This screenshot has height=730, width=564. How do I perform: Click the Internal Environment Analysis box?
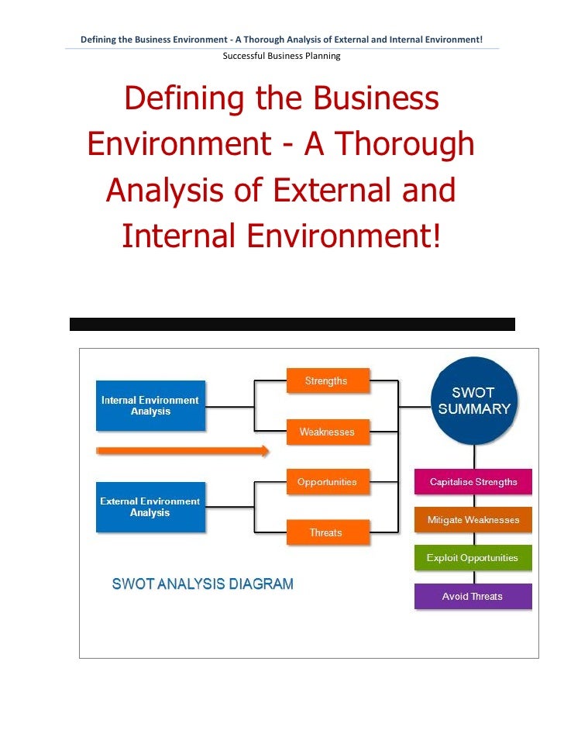coord(150,405)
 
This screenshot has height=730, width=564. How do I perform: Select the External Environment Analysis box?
coord(150,507)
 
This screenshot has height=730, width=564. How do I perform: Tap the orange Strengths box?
coord(327,381)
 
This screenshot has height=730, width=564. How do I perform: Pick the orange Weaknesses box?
coord(327,432)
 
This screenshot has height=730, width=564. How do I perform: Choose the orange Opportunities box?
coord(327,482)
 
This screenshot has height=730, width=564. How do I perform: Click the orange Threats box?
coord(326,532)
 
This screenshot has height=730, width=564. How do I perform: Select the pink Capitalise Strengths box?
coord(473,482)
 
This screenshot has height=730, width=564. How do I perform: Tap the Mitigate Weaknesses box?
coord(473,520)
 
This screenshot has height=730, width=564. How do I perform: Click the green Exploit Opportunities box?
coord(473,558)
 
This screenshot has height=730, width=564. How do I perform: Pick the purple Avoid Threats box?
coord(473,596)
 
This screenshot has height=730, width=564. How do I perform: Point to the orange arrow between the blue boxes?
coord(183,451)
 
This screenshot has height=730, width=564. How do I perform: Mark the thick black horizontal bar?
coord(292,324)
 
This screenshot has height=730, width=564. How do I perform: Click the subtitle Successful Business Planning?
coord(281,56)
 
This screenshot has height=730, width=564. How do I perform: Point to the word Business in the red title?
coord(376,99)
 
